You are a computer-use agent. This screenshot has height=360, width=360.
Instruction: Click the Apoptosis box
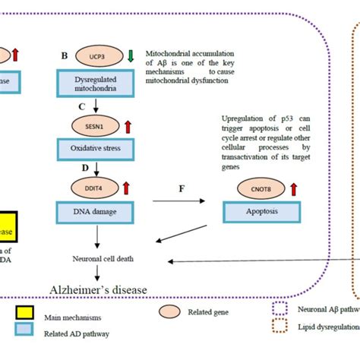click(x=251, y=213)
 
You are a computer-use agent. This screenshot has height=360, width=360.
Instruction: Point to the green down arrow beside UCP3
click(x=130, y=55)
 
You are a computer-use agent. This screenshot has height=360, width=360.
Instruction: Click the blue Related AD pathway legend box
click(x=24, y=330)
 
